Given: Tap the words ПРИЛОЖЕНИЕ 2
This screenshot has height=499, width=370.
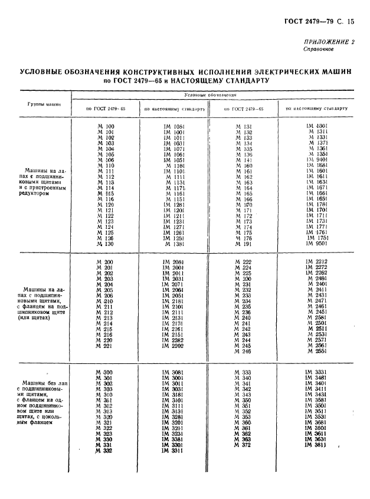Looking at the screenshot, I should coord(330,42).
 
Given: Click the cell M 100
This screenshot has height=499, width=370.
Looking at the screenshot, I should coord(105,126).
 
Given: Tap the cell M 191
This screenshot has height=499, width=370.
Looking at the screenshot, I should coord(244,244).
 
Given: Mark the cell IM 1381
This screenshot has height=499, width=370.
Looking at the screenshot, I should coord(173,244).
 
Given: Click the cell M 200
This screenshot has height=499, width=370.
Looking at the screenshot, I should coord(105,261).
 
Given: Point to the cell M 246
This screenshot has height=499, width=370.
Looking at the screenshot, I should coord(243,351).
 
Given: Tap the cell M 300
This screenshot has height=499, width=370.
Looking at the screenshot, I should coord(104,373).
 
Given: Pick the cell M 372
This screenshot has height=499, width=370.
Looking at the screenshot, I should coord(243,445).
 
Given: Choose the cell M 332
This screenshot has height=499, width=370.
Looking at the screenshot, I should coord(104,451).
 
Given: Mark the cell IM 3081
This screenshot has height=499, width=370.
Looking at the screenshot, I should coord(173,373).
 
